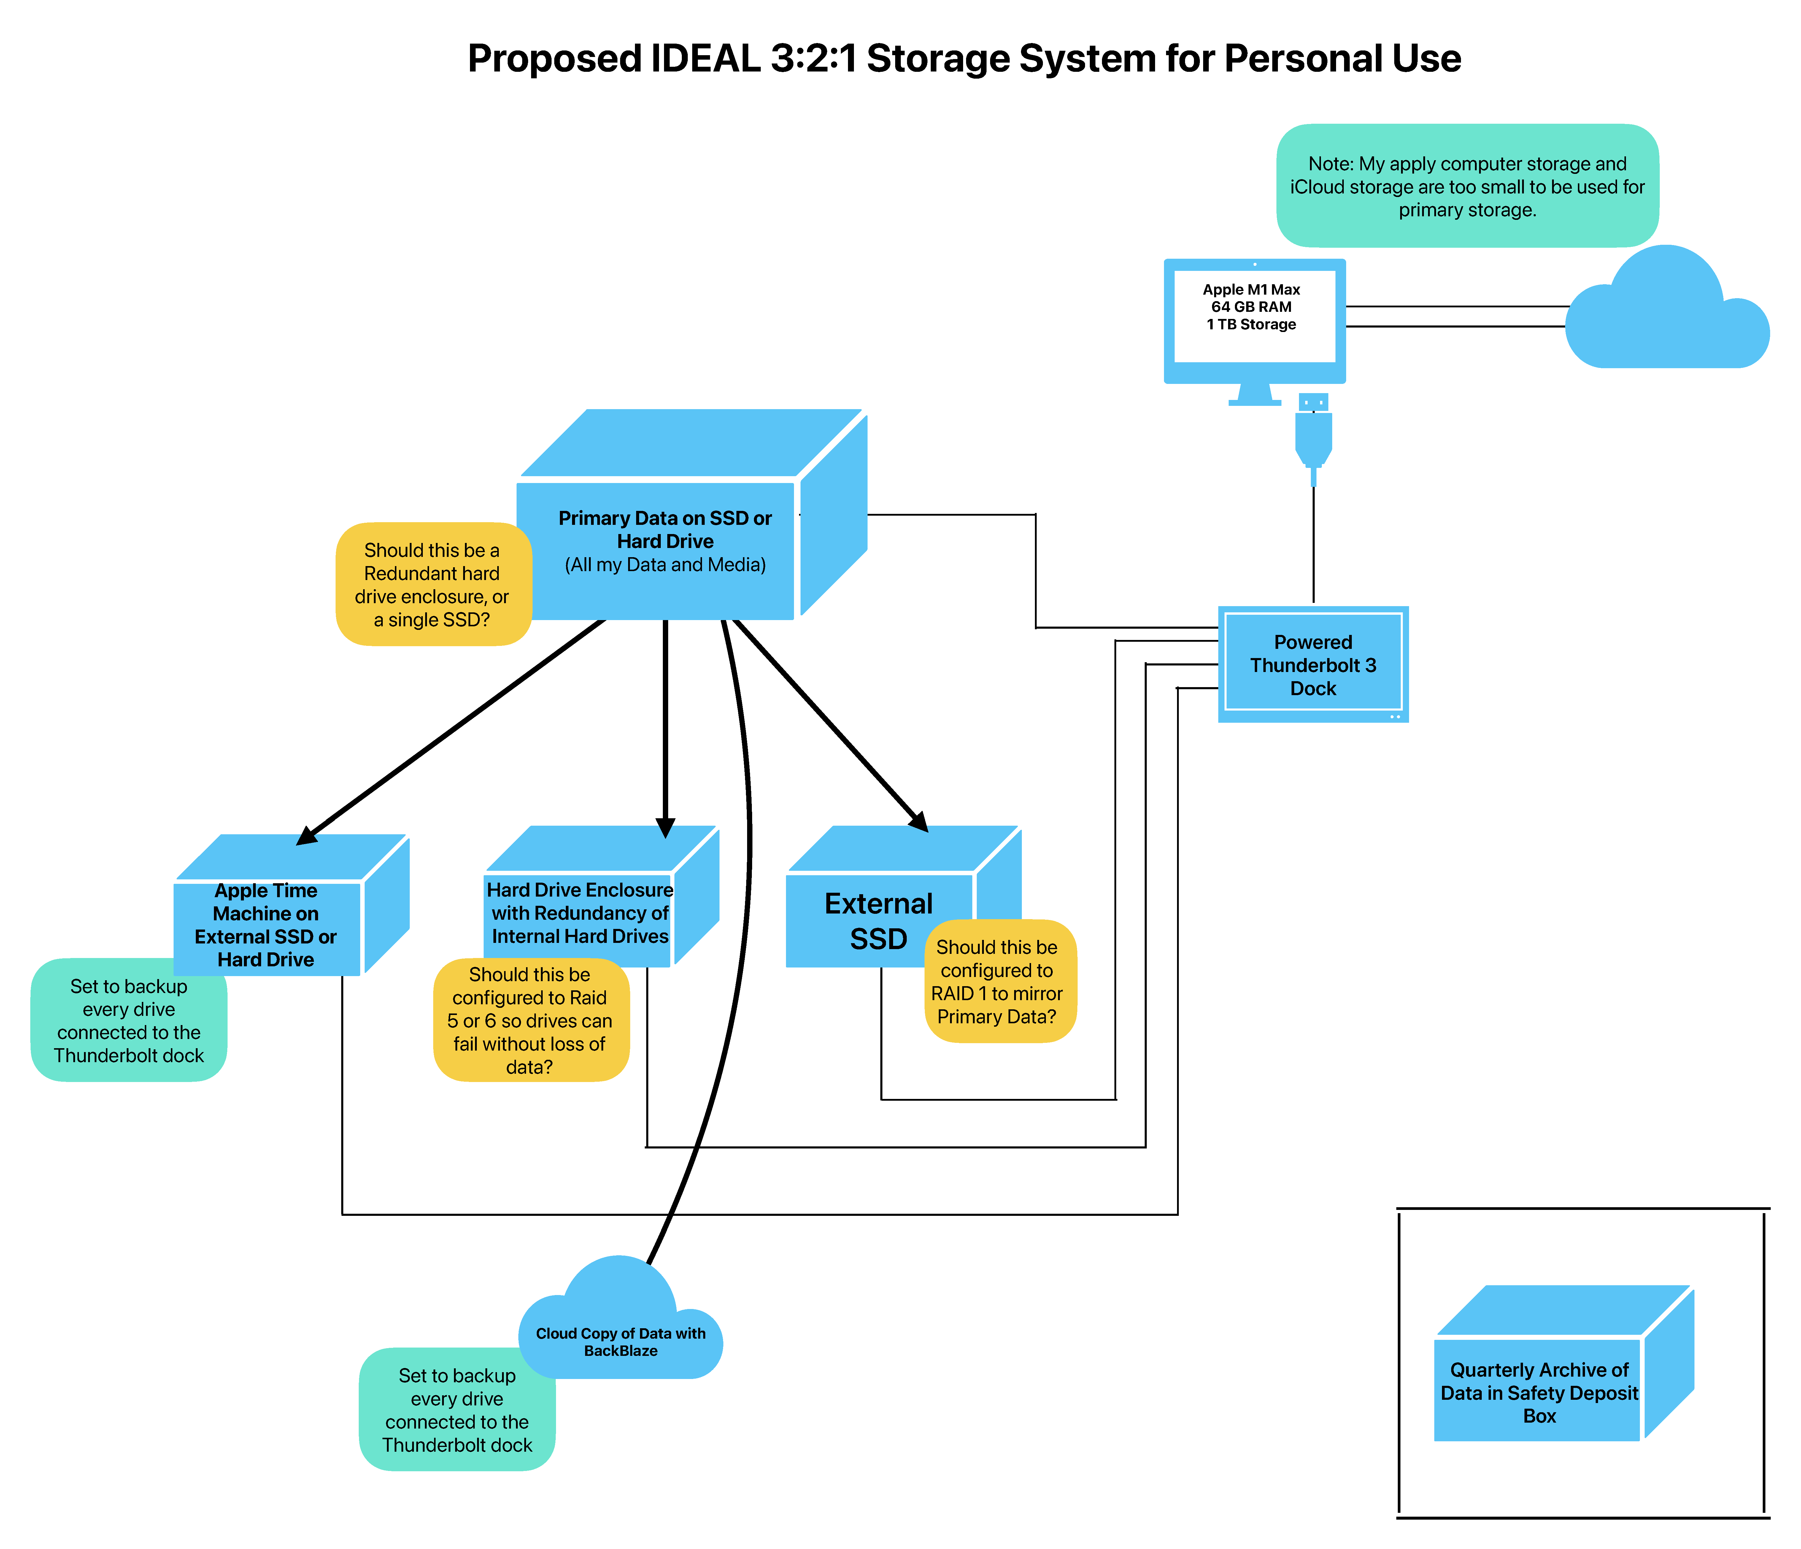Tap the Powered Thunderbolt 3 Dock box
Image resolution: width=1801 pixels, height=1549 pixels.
(1313, 665)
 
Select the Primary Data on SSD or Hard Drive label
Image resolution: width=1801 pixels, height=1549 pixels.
(665, 541)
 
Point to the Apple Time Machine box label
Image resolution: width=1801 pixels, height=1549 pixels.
(266, 925)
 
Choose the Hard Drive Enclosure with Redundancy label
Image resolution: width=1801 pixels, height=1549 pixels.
(580, 913)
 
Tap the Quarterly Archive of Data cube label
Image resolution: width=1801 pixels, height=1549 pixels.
(1538, 1393)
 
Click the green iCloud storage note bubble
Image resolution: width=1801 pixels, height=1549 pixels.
(1467, 186)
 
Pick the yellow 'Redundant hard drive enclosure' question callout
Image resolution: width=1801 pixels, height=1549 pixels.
(432, 584)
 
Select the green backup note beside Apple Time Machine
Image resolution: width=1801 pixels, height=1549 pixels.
(129, 1021)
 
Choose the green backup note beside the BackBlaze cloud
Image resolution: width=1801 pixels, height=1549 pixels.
(457, 1410)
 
